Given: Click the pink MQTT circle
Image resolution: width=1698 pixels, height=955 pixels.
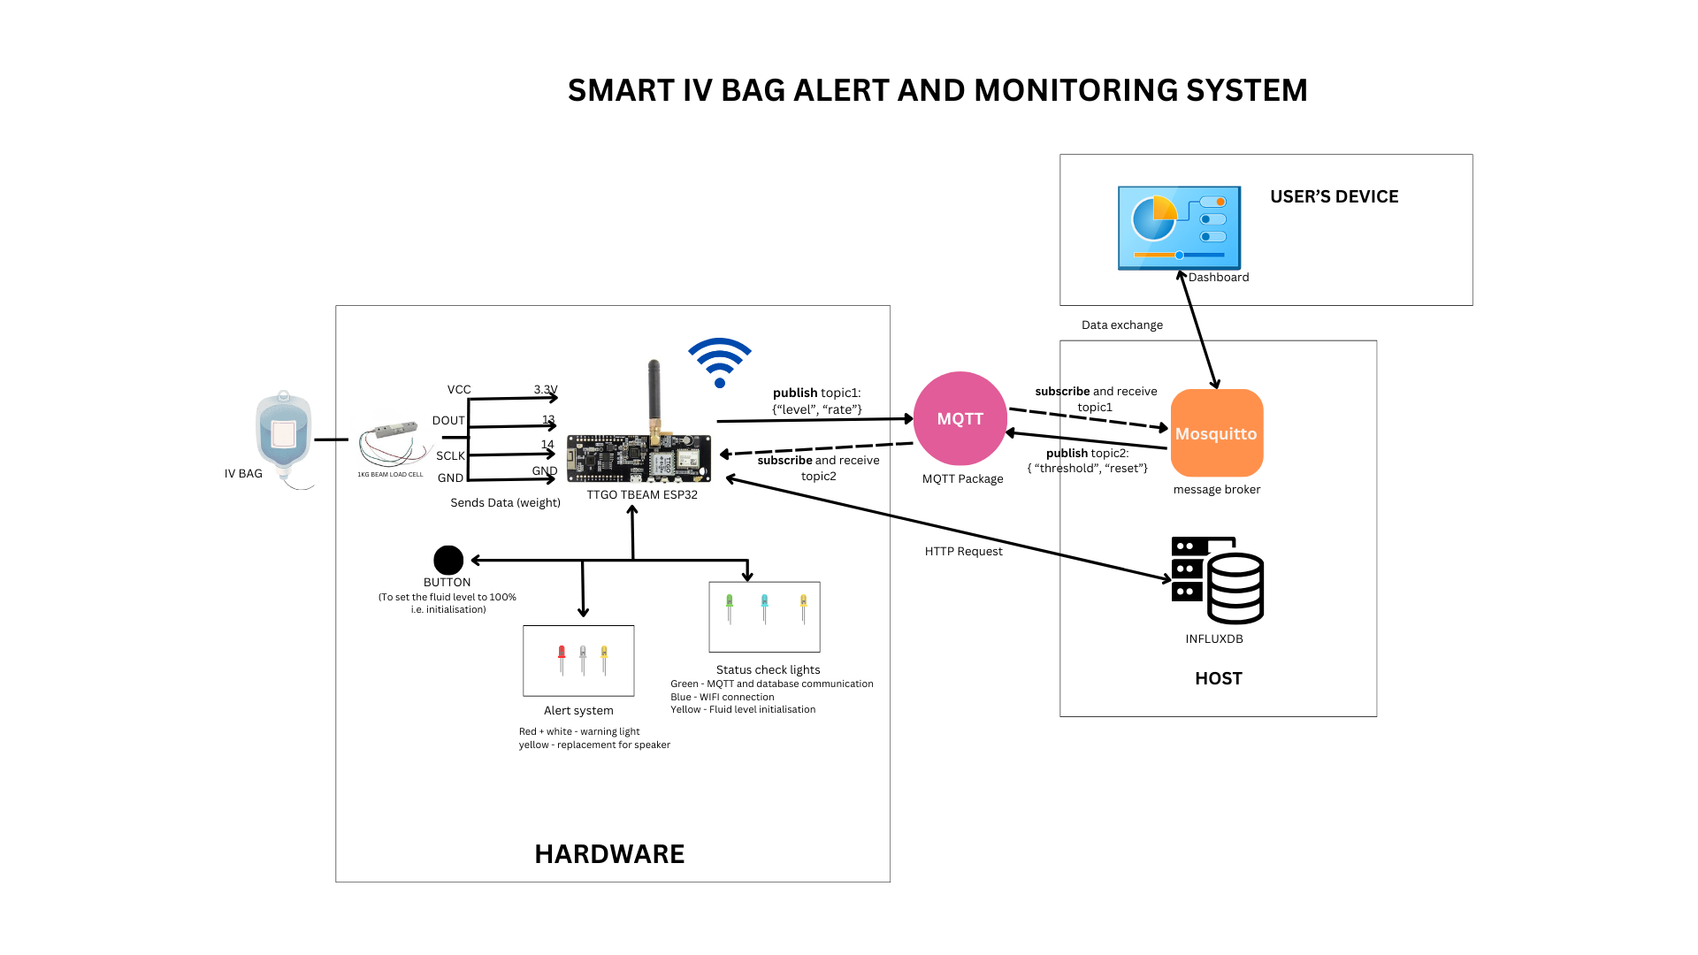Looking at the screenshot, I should coord(960,418).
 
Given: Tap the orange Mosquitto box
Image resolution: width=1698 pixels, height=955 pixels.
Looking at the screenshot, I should coord(1217,432).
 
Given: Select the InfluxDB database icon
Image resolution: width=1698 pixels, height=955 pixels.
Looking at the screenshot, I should coord(1218,580).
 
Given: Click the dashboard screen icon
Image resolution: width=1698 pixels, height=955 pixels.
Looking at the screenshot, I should coord(1179,227).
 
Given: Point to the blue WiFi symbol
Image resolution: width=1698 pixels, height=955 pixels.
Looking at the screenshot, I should coord(720,363).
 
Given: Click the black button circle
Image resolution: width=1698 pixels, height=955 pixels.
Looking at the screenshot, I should coord(448,560).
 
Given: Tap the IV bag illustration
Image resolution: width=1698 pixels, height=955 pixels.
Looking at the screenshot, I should coord(283,435).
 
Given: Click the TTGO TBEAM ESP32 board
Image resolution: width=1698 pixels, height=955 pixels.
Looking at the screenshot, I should coord(639,458).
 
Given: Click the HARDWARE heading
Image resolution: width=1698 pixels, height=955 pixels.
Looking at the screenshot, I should coord(609,853).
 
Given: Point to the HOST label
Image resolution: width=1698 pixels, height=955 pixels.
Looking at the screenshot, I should coord(1219,678).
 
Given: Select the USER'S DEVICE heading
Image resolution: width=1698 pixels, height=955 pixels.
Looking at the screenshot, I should coord(1334,196).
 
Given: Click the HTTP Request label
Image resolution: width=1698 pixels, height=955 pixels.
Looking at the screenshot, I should coord(963,551).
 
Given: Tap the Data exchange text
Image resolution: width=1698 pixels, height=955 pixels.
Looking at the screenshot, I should coord(1121,325).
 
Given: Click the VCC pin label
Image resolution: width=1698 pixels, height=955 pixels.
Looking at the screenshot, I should coord(459,389).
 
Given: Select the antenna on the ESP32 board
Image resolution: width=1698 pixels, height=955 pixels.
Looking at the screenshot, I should coord(654,393).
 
